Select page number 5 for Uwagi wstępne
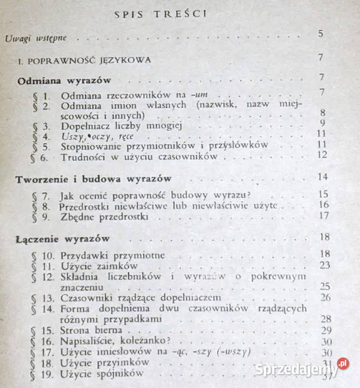point(321,34)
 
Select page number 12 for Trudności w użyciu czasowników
point(322,154)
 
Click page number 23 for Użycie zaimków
point(324,265)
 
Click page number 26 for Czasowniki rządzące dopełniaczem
point(325,297)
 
